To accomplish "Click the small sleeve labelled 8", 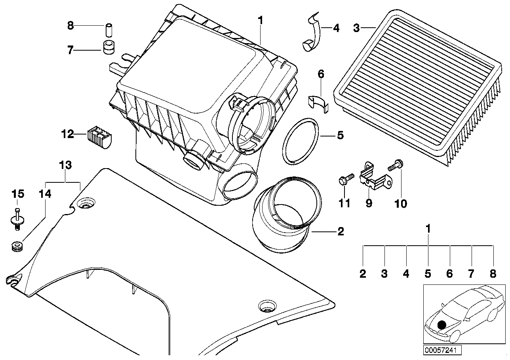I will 108,30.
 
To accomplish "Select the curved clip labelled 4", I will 313,34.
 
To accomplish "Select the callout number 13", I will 65,165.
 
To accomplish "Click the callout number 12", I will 68,135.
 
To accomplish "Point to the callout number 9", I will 369,203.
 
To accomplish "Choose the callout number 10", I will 401,203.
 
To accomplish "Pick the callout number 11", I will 344,203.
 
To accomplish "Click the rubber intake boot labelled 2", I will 282,216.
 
